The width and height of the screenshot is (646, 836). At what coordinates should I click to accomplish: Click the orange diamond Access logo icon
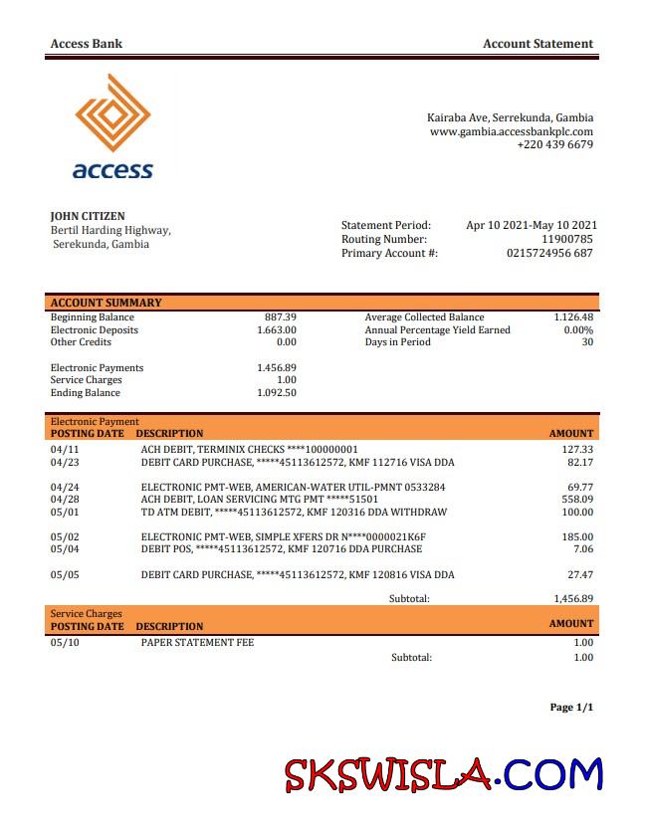pyautogui.click(x=112, y=113)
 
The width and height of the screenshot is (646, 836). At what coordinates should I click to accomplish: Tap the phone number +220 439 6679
pyautogui.click(x=554, y=145)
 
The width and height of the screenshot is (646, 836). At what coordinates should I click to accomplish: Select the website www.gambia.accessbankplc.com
pyautogui.click(x=511, y=131)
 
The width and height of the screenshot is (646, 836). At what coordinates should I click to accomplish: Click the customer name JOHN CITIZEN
pyautogui.click(x=88, y=216)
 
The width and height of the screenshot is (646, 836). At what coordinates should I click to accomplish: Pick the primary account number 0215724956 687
pyautogui.click(x=549, y=254)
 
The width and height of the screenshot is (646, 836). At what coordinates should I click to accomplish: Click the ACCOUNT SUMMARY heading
pyautogui.click(x=106, y=303)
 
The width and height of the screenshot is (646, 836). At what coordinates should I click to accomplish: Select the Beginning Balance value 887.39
pyautogui.click(x=280, y=317)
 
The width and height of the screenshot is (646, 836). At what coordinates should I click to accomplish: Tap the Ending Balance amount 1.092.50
pyautogui.click(x=276, y=393)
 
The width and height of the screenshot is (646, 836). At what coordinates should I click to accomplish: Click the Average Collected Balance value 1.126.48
pyautogui.click(x=572, y=317)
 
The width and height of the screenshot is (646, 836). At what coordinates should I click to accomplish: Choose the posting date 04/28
pyautogui.click(x=64, y=500)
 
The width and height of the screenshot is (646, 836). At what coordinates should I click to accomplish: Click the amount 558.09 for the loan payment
pyautogui.click(x=576, y=500)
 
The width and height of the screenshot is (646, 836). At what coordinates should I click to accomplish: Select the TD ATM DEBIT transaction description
pyautogui.click(x=294, y=513)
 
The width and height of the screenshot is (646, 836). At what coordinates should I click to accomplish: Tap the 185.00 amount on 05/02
pyautogui.click(x=576, y=537)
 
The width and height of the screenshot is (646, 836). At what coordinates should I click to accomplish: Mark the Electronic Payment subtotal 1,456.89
pyautogui.click(x=572, y=599)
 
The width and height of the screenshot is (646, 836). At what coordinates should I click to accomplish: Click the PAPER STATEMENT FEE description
pyautogui.click(x=197, y=643)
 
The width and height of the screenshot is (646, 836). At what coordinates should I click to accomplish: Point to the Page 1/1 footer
pyautogui.click(x=570, y=708)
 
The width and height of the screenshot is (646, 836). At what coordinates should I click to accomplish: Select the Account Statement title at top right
pyautogui.click(x=538, y=44)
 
